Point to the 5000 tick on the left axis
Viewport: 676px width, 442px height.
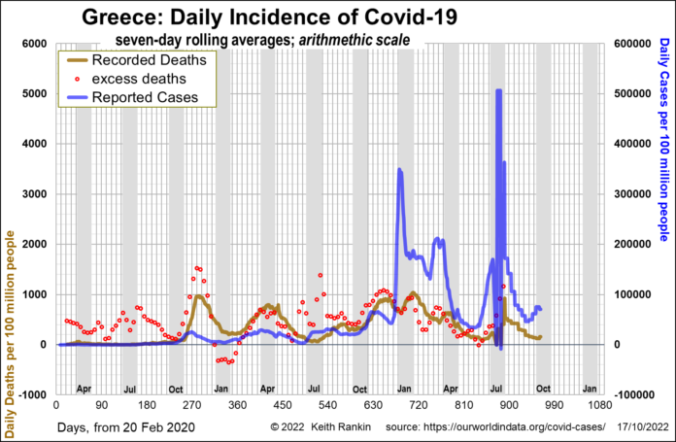point(34,94)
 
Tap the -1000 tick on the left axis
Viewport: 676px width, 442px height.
point(31,394)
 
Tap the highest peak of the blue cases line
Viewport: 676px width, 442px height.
point(498,90)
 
